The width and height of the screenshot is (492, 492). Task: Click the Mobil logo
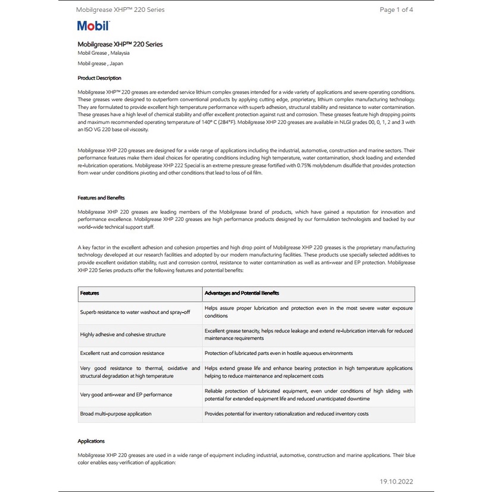tap(94, 26)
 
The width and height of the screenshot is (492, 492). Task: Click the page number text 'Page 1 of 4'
tap(396, 10)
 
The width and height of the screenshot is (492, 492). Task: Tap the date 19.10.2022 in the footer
tap(396, 481)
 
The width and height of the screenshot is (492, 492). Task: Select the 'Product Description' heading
tap(99, 78)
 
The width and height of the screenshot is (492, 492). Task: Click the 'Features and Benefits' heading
tap(101, 198)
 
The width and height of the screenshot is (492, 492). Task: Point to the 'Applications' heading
tap(91, 441)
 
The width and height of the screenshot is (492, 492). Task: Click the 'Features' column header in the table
tap(90, 293)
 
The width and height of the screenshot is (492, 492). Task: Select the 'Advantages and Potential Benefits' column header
tap(242, 293)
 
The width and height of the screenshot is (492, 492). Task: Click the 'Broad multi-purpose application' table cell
tap(116, 413)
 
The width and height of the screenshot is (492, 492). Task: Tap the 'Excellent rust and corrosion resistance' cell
tap(122, 353)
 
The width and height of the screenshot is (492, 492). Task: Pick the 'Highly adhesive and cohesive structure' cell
tap(123, 335)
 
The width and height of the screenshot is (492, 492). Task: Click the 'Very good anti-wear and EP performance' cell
tap(126, 394)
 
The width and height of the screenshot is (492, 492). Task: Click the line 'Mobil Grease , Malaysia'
tap(104, 53)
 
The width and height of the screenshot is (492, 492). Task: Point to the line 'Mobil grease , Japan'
tap(100, 63)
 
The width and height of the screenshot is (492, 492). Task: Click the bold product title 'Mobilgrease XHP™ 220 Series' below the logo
tap(120, 44)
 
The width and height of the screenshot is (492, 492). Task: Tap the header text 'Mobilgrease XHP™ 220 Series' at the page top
tap(120, 10)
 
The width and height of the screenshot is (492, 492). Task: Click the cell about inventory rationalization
tap(287, 413)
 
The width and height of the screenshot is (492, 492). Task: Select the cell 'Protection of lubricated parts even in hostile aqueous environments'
tap(279, 353)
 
